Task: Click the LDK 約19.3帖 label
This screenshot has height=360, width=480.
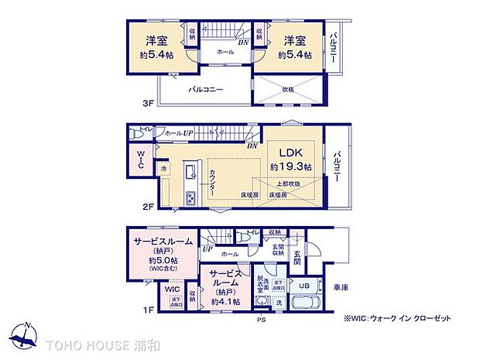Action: click(290, 159)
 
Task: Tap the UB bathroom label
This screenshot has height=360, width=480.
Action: click(304, 286)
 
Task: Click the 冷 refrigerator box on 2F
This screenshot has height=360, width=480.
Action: click(164, 168)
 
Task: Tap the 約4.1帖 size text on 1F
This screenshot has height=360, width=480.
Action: click(226, 301)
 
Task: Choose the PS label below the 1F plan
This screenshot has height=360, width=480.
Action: click(261, 317)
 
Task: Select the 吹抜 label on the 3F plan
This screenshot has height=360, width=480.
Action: click(287, 88)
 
